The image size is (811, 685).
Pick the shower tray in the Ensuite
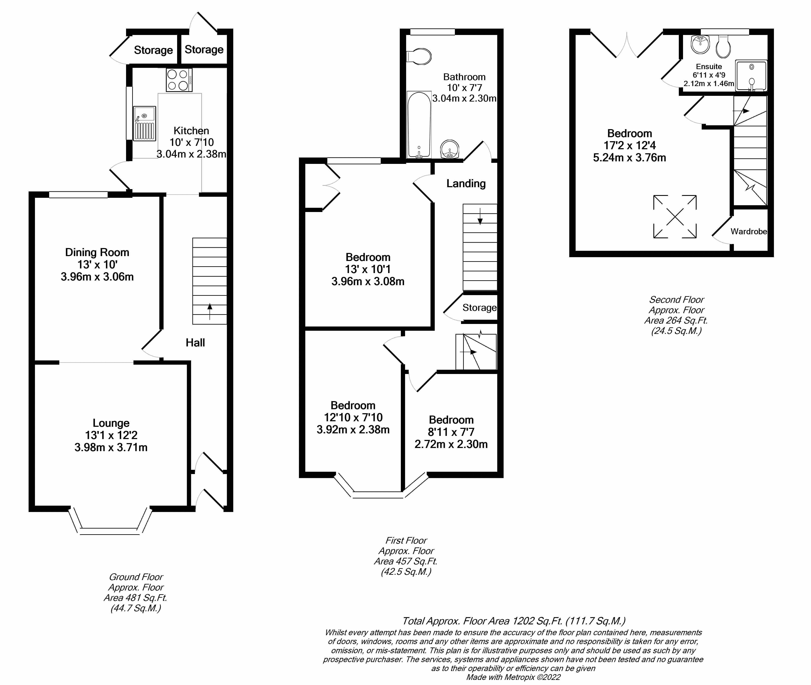pos(751,75)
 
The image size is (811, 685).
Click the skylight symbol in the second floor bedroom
pos(675,216)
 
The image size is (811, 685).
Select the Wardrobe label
pos(749,232)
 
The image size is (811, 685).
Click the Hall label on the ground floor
pos(195,343)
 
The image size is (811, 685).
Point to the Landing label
pos(466,183)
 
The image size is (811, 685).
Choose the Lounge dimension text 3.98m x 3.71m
pos(111,447)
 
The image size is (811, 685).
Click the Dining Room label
pos(97,253)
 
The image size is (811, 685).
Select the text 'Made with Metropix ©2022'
pos(513,677)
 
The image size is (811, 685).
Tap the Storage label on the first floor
pos(479,308)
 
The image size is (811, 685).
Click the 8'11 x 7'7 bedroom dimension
pos(451,432)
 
